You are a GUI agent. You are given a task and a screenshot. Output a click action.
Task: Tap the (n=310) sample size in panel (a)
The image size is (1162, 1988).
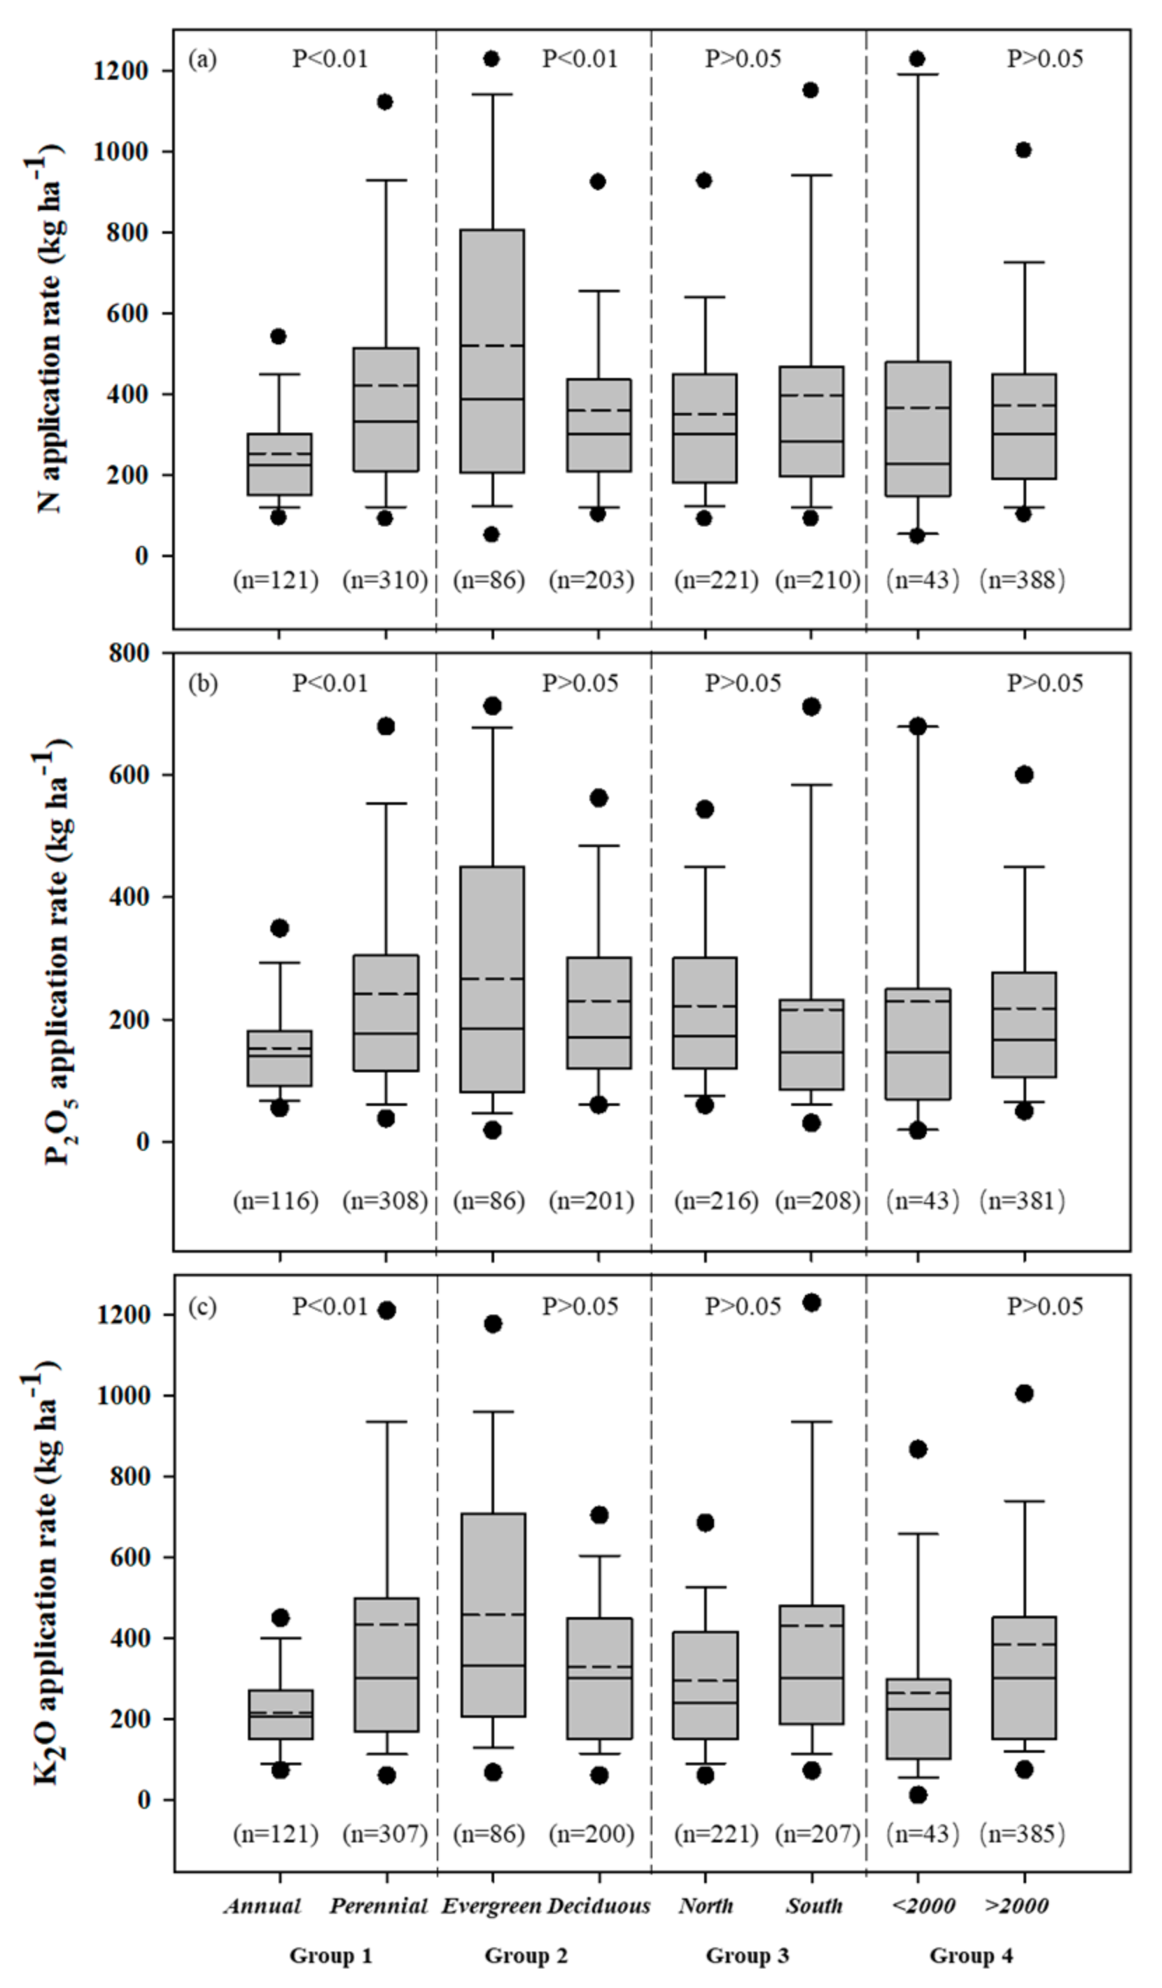[x=385, y=580]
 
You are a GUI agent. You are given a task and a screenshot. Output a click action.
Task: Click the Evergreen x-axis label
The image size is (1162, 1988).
[x=491, y=1907]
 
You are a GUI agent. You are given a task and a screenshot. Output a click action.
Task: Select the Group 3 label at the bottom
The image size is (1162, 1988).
[x=746, y=1956]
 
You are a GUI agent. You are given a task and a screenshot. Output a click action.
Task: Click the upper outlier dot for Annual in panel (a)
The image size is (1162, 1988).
[x=279, y=337]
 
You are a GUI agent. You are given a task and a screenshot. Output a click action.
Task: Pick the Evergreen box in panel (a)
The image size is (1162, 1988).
[x=492, y=351]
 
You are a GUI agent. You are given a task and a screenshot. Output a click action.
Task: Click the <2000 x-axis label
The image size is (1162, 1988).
[x=923, y=1907]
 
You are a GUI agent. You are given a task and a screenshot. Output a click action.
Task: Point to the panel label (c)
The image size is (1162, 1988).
[x=201, y=1306]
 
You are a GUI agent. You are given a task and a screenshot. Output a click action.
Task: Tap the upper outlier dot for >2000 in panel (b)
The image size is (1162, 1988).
[x=1024, y=775]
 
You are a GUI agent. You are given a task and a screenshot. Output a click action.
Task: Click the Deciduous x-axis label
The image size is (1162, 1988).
[x=598, y=1907]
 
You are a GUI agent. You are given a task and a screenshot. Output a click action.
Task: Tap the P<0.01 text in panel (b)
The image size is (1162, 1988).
[x=330, y=683]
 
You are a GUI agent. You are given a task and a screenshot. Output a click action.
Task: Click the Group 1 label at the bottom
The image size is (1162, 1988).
[x=330, y=1956]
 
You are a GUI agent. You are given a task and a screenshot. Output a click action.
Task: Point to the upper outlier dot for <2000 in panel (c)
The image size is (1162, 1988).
[x=918, y=1449]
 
